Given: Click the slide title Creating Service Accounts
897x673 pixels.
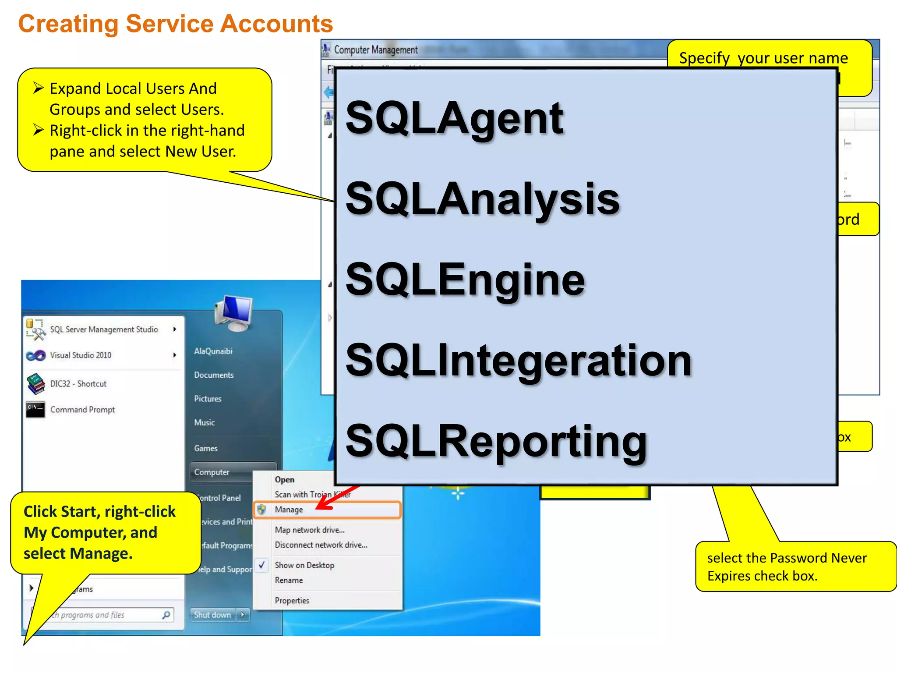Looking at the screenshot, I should coord(175,24).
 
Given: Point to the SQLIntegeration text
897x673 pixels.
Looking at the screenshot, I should coord(518,360).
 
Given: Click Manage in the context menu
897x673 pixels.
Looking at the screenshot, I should coord(289,510).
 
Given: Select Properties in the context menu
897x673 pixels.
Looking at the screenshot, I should coord(292,601).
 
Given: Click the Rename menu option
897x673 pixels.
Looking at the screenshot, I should coord(289,580).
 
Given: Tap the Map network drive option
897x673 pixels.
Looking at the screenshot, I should coord(309,530).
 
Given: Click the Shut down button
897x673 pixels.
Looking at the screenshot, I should coord(212,615).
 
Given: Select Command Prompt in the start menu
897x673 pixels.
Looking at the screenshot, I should coord(82,410).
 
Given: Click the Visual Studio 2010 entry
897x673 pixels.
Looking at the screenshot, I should coord(81,355).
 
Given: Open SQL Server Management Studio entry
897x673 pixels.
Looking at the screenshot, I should coord(104,329).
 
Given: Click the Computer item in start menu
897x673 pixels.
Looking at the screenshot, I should coord(212,472).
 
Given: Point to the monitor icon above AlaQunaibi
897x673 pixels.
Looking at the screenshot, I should coord(234,312).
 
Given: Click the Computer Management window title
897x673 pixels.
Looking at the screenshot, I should coord(375,50).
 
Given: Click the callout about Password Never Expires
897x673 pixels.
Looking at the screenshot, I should coord(787,567).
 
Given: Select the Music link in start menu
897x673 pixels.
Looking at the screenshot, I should coord(204,422).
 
